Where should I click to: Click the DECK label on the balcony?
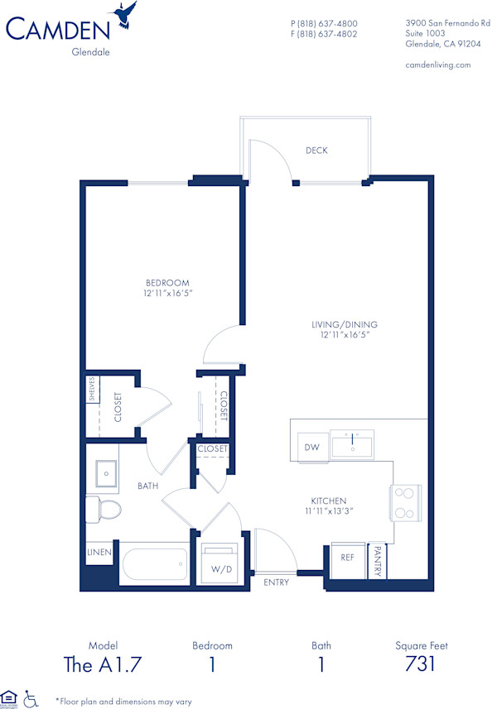(316, 151)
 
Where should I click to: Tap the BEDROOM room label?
(168, 283)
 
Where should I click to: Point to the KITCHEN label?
(329, 501)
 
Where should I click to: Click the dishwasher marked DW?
(311, 448)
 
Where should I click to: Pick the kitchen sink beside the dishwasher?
(352, 444)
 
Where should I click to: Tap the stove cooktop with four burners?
(405, 502)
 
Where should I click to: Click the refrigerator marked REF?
(348, 558)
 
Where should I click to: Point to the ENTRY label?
(277, 583)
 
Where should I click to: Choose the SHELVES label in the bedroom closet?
(92, 390)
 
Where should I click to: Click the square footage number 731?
(421, 664)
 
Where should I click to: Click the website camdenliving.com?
(438, 65)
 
